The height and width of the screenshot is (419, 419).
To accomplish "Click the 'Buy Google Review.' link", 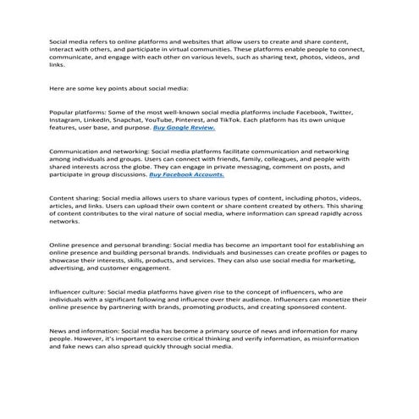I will coord(190,129).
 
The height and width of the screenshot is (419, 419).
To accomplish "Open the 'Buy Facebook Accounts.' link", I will coord(186,175).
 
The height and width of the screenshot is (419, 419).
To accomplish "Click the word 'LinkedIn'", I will coord(110,121).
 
